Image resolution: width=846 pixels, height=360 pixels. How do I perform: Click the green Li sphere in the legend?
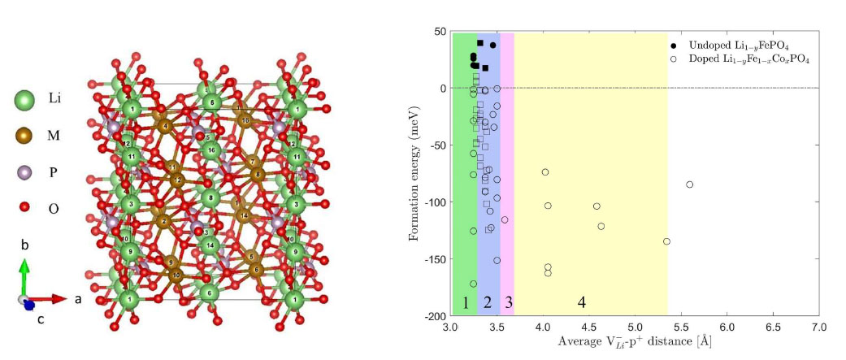pos(24,101)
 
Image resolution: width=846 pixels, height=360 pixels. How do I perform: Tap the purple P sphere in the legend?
pos(24,173)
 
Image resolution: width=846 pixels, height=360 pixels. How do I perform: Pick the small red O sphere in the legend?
pos(24,208)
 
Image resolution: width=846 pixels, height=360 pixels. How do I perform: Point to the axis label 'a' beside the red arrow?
pos(78,298)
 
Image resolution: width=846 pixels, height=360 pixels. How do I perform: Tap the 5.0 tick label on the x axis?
pos(635,327)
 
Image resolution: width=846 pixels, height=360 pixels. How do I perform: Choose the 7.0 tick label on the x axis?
pos(819,327)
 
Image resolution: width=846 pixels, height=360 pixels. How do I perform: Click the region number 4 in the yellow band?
pos(581,303)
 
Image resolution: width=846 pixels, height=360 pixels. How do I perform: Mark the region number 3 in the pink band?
pos(508,303)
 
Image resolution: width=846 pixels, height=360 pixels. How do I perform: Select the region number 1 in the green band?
pos(465,303)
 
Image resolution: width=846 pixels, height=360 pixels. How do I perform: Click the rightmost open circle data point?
pos(690,184)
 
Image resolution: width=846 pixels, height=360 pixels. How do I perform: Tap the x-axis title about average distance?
pos(635,342)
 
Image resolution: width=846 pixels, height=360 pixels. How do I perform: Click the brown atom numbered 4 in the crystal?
pos(166,126)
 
